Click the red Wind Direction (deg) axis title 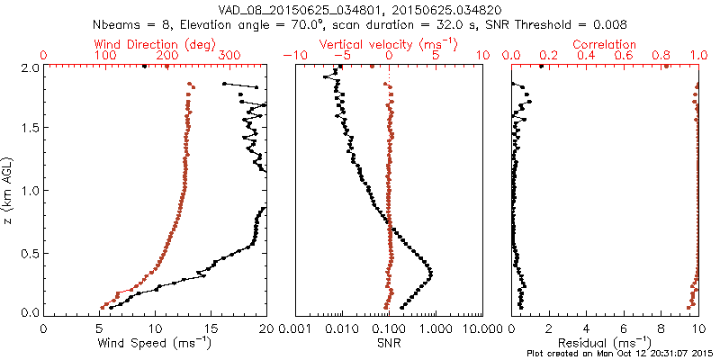coord(154,44)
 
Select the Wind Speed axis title coord(155,342)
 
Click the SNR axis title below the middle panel coord(389,343)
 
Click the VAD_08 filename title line coord(360,9)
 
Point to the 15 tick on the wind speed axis coord(210,328)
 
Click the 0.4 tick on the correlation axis coord(587,56)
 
